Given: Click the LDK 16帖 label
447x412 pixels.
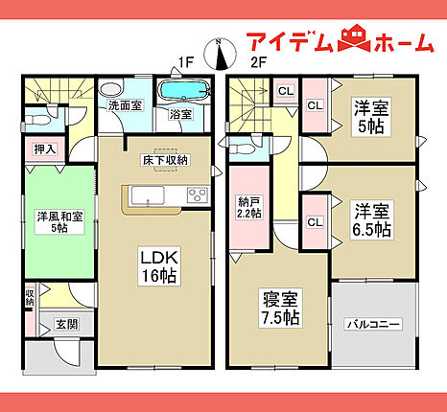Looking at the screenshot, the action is [x=159, y=266].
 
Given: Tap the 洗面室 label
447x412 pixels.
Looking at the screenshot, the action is [x=125, y=105].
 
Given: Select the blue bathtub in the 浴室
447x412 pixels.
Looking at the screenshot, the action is [x=184, y=89].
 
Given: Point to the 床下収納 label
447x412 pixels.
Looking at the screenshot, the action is [x=165, y=160].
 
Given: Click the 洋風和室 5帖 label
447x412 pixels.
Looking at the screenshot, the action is [x=59, y=222].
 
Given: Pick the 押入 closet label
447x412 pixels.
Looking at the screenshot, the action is [x=45, y=149].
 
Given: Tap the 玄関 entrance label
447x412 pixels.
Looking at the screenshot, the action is [x=66, y=325].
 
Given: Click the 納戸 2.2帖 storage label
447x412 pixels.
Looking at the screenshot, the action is [x=249, y=207].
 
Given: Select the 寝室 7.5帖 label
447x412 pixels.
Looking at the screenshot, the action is [x=280, y=309].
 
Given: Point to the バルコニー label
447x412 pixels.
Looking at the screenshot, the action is [x=373, y=325].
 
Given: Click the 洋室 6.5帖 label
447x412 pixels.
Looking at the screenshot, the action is [x=371, y=219].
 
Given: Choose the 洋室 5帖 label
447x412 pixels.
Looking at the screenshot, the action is [x=371, y=117].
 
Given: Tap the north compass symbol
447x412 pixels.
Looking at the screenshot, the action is [x=221, y=54].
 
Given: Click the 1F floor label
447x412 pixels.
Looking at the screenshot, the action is [x=186, y=62].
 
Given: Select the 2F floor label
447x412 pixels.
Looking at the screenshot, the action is [x=258, y=62].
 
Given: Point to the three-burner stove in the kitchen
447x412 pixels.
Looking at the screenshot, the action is [x=198, y=195].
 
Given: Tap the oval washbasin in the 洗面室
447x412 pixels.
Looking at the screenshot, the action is [x=111, y=89].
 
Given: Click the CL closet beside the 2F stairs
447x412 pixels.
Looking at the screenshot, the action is [x=286, y=91].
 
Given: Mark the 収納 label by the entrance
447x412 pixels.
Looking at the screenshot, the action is [x=30, y=297].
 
